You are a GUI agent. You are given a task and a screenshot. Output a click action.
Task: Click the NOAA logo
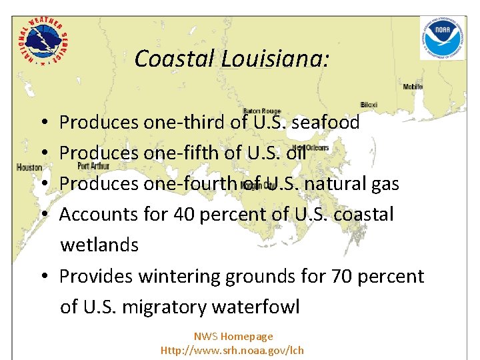(x=442, y=38)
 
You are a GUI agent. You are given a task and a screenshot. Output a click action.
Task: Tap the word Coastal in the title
(x=175, y=59)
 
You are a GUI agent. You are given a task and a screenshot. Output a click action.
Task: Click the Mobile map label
(x=413, y=87)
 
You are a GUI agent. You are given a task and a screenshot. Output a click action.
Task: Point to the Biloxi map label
(x=369, y=105)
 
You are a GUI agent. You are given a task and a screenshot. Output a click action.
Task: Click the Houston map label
(x=29, y=167)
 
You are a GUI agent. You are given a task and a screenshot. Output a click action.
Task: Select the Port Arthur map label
(x=93, y=165)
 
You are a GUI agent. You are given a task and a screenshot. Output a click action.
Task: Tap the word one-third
(x=184, y=123)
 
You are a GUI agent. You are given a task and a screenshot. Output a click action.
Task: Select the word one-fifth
(x=181, y=153)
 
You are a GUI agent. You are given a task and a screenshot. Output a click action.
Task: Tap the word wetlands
(x=99, y=245)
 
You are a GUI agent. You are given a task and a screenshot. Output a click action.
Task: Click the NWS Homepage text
(x=233, y=337)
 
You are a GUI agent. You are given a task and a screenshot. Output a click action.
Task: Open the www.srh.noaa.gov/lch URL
(x=232, y=350)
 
